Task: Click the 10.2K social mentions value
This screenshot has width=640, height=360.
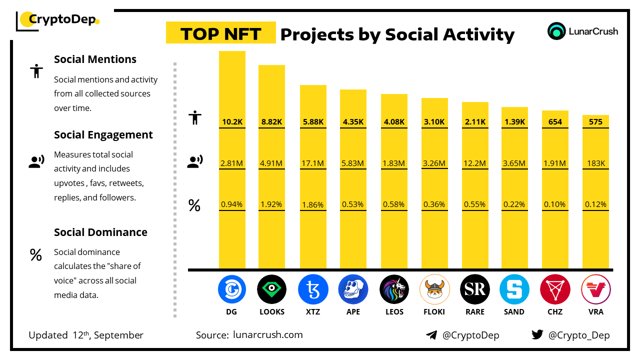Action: pyautogui.click(x=232, y=121)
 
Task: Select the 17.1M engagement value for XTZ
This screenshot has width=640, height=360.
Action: pyautogui.click(x=313, y=163)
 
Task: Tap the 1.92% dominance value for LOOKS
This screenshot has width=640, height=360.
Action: pyautogui.click(x=271, y=204)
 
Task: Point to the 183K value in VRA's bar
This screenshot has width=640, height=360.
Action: pyautogui.click(x=595, y=163)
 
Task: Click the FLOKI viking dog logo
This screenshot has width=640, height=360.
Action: pyautogui.click(x=434, y=289)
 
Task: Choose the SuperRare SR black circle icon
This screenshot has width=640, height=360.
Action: pyautogui.click(x=474, y=289)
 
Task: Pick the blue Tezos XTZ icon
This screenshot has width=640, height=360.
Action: pyautogui.click(x=313, y=289)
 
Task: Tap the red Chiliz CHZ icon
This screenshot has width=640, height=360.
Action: pyautogui.click(x=555, y=289)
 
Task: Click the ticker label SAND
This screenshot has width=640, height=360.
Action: pyautogui.click(x=514, y=312)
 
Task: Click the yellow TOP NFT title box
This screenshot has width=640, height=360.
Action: pyautogui.click(x=220, y=33)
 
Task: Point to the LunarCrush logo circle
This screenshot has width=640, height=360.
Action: pyautogui.click(x=556, y=31)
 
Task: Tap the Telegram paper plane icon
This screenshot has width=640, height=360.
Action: pyautogui.click(x=431, y=335)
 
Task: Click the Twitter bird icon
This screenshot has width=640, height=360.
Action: pyautogui.click(x=537, y=335)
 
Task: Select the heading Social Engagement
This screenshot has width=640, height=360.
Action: pyautogui.click(x=103, y=135)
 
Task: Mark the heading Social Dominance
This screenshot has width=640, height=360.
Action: pyautogui.click(x=100, y=232)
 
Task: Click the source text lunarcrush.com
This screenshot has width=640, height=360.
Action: pyautogui.click(x=268, y=335)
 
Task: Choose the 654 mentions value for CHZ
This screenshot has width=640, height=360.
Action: pyautogui.click(x=555, y=121)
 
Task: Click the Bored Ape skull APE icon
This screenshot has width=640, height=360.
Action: pyautogui.click(x=353, y=289)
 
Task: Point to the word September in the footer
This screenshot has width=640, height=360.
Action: pyautogui.click(x=118, y=335)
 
